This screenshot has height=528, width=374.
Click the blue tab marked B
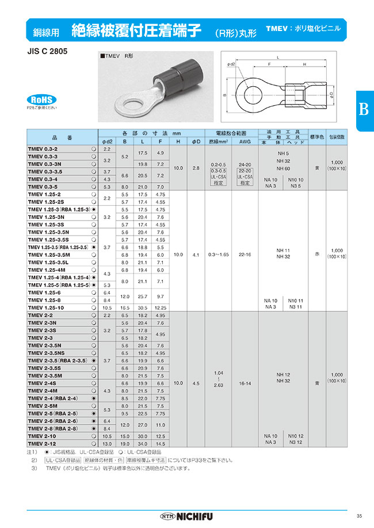(x=363, y=109)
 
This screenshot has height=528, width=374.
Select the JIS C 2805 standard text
(x=47, y=51)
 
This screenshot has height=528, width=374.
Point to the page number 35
(x=359, y=514)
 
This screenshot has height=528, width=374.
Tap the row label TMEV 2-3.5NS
(x=47, y=353)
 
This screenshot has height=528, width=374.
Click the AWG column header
(x=245, y=141)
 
